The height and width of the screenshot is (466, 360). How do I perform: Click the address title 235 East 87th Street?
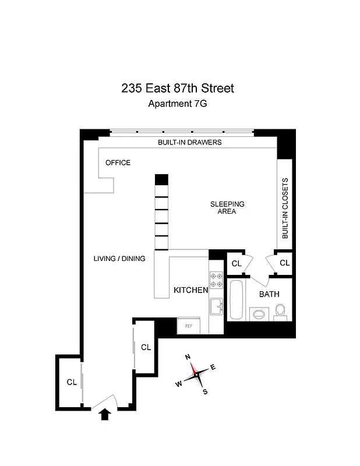[178, 89]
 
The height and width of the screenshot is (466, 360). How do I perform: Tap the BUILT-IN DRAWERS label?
[189, 142]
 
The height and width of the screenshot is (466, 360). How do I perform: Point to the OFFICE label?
[118, 163]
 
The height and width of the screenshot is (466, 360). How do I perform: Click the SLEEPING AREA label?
[227, 207]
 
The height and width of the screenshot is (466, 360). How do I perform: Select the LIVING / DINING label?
[119, 259]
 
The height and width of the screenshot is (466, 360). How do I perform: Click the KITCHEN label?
[190, 290]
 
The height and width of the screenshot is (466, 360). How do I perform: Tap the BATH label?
[269, 294]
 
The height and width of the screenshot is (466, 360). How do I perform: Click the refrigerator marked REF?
[189, 326]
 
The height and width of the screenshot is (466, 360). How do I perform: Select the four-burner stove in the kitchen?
[216, 280]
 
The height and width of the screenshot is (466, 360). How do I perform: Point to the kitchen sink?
[216, 306]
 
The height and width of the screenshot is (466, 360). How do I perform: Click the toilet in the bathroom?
[280, 312]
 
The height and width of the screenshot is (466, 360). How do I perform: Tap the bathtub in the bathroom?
[237, 299]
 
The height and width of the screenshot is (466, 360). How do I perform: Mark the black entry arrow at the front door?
[105, 414]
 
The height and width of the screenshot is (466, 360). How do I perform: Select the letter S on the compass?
[205, 391]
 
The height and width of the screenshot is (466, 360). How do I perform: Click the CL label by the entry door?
[72, 383]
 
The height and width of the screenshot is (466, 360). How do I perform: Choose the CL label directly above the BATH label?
[237, 263]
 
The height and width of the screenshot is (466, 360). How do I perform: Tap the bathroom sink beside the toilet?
[259, 315]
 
